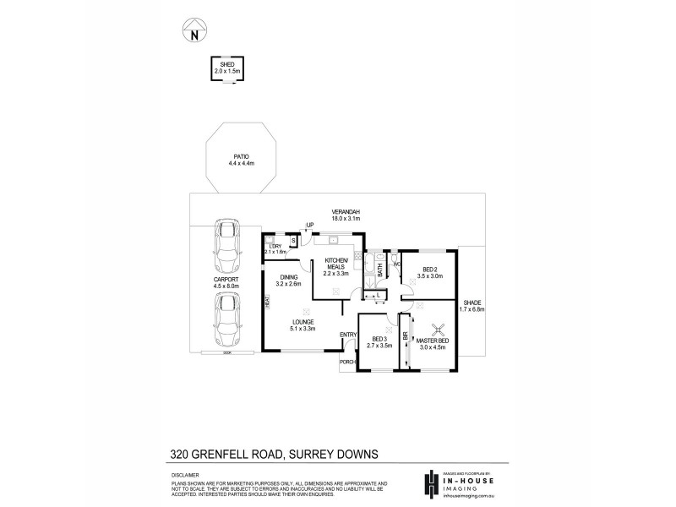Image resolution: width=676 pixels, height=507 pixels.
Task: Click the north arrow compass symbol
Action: click(194, 32)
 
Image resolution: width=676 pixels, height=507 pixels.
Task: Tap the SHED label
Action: click(226, 64)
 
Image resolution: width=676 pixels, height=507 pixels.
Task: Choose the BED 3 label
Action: click(378, 340)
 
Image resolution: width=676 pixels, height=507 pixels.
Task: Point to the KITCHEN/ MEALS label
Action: click(336, 263)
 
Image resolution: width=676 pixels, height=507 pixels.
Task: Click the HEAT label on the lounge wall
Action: click(267, 301)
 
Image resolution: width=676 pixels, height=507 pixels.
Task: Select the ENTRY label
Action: click(347, 335)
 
